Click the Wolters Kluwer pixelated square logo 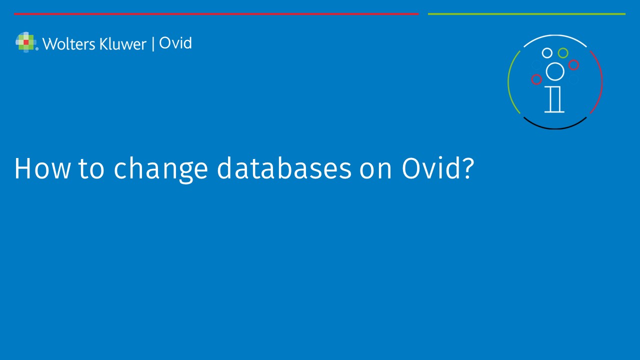26,42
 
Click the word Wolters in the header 69,44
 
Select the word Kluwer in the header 123,44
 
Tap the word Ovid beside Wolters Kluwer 175,43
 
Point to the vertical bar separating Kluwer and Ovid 153,44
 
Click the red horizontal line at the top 216,13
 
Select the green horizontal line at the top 526,13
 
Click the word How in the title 42,168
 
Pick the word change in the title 161,169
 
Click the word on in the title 375,171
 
